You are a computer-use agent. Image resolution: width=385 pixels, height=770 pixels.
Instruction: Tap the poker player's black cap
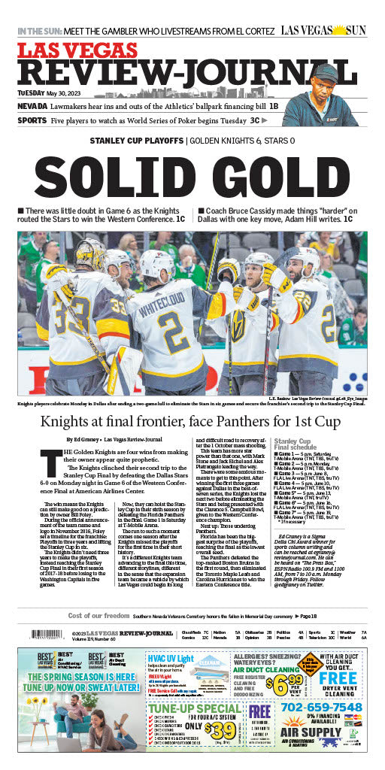pyautogui.click(x=326, y=71)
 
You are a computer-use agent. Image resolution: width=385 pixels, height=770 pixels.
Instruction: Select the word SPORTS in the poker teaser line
pyautogui.click(x=32, y=120)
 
